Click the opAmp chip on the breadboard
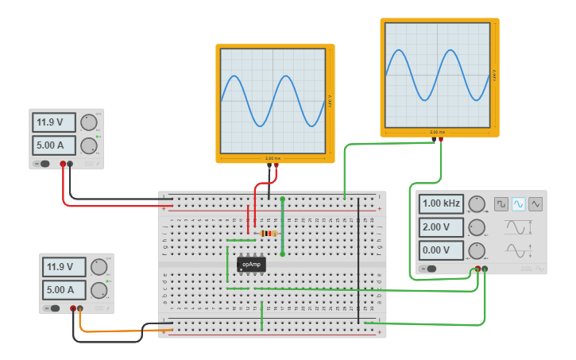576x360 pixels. pyautogui.click(x=251, y=264)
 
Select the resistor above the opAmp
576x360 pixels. pyautogui.click(x=269, y=234)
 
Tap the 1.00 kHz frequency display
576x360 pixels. pyautogui.click(x=441, y=203)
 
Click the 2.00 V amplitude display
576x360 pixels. pyautogui.click(x=441, y=227)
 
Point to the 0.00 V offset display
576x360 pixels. pyautogui.click(x=441, y=251)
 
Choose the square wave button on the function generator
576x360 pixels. pyautogui.click(x=501, y=204)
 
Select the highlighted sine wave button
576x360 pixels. pyautogui.click(x=519, y=204)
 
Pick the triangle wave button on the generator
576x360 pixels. pyautogui.click(x=535, y=204)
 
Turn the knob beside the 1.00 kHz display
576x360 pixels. pyautogui.click(x=477, y=204)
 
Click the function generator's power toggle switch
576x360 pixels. pyautogui.click(x=430, y=269)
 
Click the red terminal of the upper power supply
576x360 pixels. pyautogui.click(x=62, y=165)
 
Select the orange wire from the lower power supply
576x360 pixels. pyautogui.click(x=111, y=331)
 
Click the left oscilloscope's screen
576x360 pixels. pyautogui.click(x=274, y=101)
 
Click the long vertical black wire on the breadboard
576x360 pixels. pyautogui.click(x=358, y=262)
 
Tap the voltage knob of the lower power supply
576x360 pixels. pyautogui.click(x=99, y=267)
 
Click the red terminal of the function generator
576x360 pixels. pyautogui.click(x=477, y=269)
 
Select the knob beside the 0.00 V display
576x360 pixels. pyautogui.click(x=477, y=251)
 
